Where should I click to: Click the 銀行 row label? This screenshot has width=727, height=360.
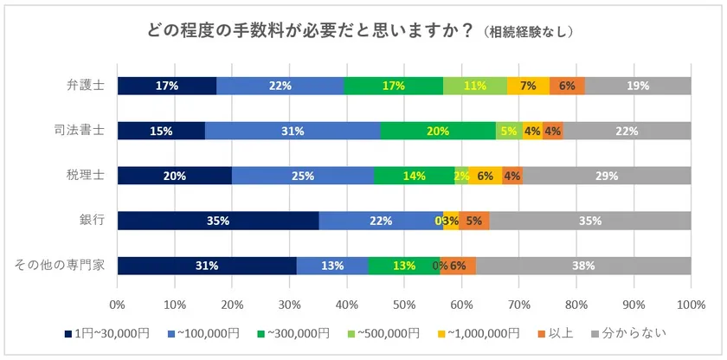[93, 220]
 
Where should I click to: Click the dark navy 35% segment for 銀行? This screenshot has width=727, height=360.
[218, 221]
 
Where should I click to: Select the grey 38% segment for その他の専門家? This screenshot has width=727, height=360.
[583, 266]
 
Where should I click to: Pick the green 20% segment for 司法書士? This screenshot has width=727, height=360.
[438, 131]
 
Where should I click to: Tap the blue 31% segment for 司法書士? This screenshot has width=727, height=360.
[293, 131]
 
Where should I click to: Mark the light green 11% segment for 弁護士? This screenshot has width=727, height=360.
[475, 86]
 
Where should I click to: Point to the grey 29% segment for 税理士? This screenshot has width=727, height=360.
[607, 176]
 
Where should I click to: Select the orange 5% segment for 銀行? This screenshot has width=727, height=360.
[474, 221]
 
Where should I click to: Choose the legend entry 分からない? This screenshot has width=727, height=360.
[628, 333]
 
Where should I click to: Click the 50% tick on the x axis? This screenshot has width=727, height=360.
[404, 305]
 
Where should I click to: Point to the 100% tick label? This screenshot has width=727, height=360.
[691, 305]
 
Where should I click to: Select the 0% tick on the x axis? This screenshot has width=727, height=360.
[118, 305]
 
